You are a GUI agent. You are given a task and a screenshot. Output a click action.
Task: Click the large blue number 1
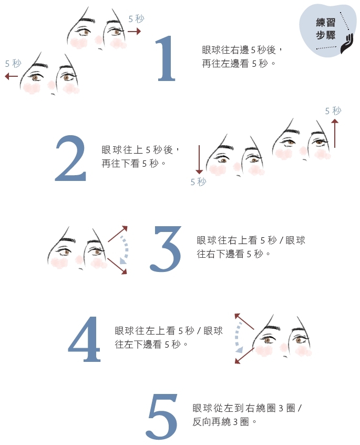167,59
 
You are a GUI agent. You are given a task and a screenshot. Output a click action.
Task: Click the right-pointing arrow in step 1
135,32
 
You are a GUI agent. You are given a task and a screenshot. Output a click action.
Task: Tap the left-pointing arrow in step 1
11,76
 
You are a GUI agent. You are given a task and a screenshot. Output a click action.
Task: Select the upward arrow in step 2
334,133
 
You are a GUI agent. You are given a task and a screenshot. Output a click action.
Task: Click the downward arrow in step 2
199,160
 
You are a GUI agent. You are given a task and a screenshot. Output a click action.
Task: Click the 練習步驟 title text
325,29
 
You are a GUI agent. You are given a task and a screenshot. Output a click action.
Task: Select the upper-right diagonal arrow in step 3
118,234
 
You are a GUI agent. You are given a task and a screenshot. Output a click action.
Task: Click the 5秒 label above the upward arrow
333,111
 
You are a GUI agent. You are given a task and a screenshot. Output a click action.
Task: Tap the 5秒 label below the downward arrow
198,182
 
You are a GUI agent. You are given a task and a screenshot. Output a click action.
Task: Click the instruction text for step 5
247,414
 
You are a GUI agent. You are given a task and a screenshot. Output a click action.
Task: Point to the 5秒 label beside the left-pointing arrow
13,64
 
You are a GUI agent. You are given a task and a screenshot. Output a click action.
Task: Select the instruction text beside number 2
141,156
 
